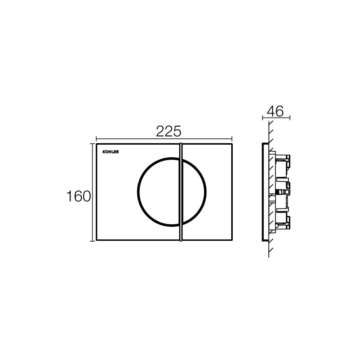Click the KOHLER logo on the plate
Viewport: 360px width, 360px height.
(x=111, y=152)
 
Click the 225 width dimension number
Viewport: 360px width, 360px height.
(x=169, y=132)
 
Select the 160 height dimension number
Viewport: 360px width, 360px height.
(x=78, y=196)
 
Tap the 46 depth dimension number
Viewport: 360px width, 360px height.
(x=275, y=111)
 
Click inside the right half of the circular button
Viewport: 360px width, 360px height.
(x=193, y=191)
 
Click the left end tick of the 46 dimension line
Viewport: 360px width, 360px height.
(x=263, y=117)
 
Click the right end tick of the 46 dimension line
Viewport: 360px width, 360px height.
(x=290, y=117)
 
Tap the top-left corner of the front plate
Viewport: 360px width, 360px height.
(x=97, y=144)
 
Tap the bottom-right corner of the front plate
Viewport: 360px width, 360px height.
(x=232, y=240)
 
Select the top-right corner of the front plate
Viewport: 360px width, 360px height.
(x=232, y=144)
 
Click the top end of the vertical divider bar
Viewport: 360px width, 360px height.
(x=180, y=143)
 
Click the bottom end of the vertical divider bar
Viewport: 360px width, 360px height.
(x=180, y=240)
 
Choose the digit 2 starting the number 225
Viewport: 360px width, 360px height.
(x=161, y=132)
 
